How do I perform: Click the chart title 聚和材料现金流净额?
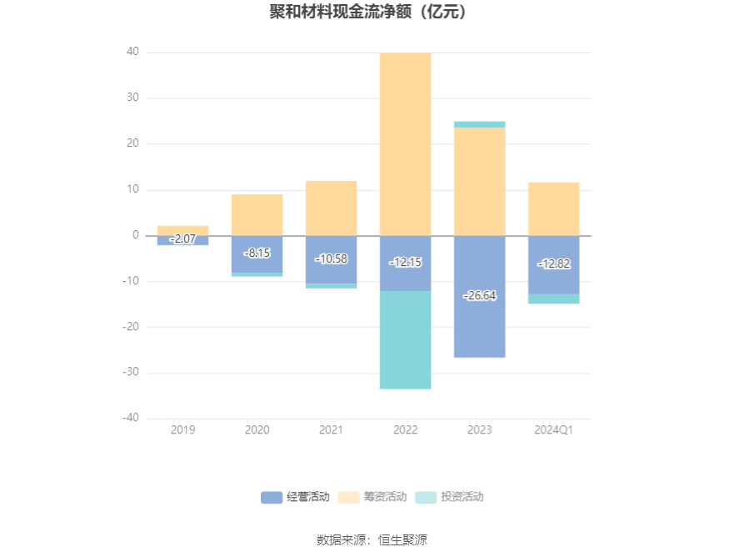tap(340, 12)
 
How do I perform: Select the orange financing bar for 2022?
tap(405, 144)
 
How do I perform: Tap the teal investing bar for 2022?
tap(405, 340)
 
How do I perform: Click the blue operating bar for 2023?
tap(479, 296)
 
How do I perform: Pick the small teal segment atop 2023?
tap(479, 124)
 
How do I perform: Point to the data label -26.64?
tap(479, 295)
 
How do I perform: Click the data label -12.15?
tap(405, 262)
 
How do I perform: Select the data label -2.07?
tap(182, 238)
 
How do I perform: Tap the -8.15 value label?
tap(257, 253)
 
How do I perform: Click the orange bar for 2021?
tap(332, 208)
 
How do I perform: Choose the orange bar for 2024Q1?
tap(554, 209)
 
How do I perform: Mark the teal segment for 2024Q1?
tap(554, 299)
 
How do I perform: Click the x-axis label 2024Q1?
tap(553, 429)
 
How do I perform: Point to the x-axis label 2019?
tap(182, 429)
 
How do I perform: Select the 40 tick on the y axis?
tap(132, 52)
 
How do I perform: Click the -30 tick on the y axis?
tap(131, 372)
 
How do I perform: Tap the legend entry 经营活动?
tap(295, 497)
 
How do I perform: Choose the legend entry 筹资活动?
tap(372, 497)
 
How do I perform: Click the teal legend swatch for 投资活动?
tap(426, 497)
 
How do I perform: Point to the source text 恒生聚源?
tap(402, 539)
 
